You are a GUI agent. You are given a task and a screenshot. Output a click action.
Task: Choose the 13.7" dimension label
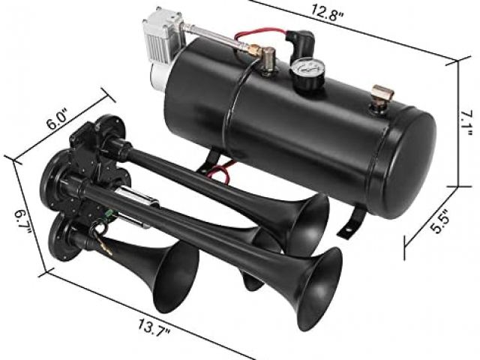[154, 327]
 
